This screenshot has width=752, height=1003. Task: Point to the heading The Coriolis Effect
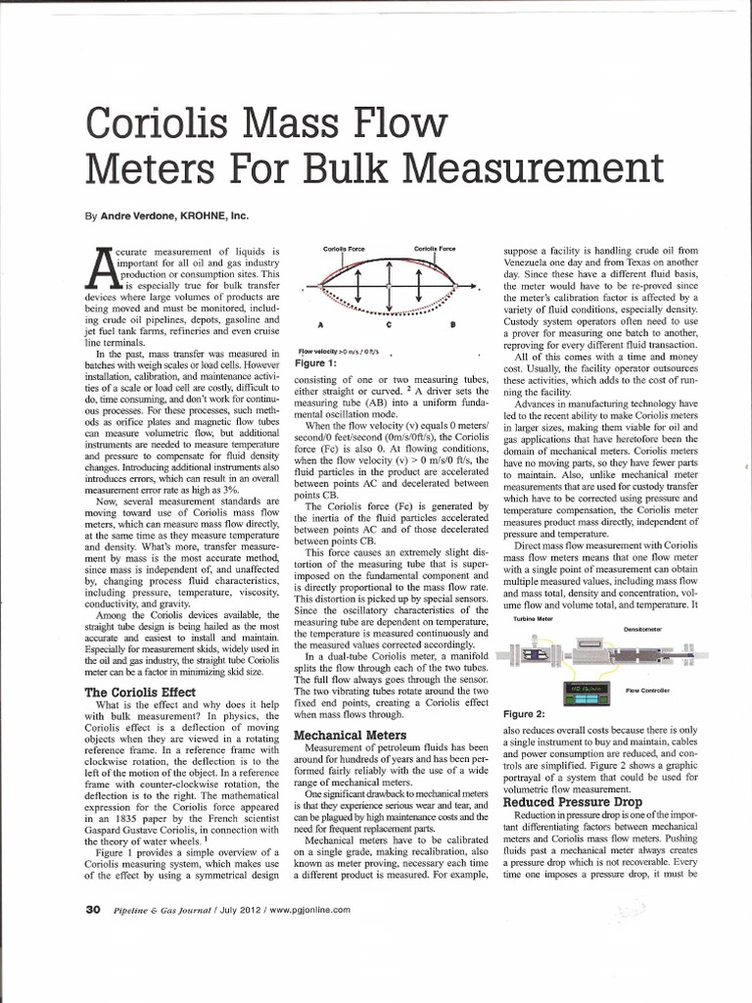pyautogui.click(x=138, y=693)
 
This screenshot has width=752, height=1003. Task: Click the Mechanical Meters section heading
pyautogui.click(x=351, y=734)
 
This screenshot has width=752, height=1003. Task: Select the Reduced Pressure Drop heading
pyautogui.click(x=568, y=801)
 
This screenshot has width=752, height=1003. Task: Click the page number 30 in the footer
pyautogui.click(x=93, y=909)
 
